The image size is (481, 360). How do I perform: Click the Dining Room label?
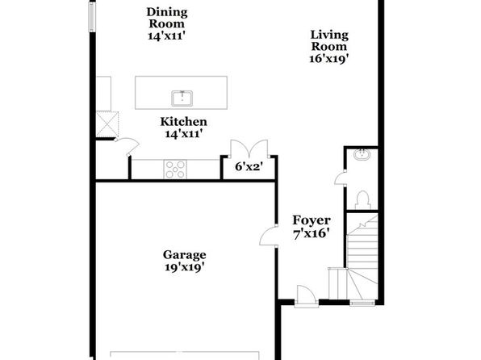click(166, 18)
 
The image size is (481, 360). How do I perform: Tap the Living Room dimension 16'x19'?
click(328, 58)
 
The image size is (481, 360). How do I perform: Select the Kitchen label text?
click(183, 122)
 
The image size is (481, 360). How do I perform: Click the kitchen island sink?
click(182, 98)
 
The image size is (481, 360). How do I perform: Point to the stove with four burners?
click(175, 170)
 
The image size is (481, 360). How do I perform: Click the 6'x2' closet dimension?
click(249, 167)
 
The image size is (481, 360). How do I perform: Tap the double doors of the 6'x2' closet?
click(249, 149)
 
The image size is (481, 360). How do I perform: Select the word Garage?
click(184, 255)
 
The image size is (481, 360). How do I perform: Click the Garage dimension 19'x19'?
click(184, 267)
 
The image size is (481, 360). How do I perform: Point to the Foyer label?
click(312, 220)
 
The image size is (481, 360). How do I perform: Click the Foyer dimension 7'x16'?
click(312, 234)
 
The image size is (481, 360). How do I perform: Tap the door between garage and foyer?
click(269, 236)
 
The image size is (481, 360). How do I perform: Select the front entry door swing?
click(306, 295)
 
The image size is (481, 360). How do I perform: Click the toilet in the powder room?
click(362, 200)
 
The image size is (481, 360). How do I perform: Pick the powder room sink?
click(362, 153)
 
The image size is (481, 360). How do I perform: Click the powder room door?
click(341, 178)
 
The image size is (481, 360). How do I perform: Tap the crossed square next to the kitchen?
click(107, 124)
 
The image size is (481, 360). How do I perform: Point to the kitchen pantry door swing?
click(127, 146)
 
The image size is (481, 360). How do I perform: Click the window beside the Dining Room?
click(92, 16)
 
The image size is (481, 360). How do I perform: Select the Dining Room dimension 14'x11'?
click(166, 36)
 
